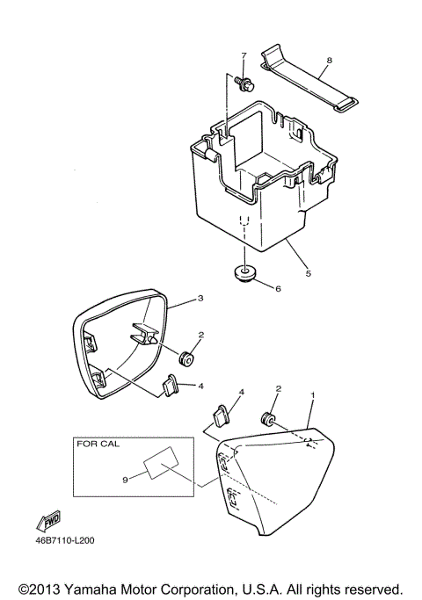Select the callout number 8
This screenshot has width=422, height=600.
328,61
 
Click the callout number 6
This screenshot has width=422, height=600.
278,287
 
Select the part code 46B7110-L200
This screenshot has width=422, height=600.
64,540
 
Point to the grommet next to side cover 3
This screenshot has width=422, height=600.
186,359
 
